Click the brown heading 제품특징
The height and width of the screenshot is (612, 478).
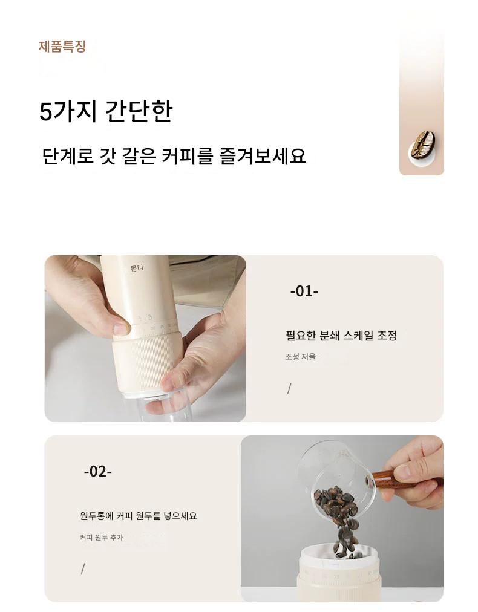[62, 47]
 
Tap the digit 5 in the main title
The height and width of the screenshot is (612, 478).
[45, 112]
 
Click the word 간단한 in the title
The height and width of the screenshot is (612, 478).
[139, 111]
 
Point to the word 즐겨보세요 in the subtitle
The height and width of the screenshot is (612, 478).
[263, 156]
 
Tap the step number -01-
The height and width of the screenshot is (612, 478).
[304, 291]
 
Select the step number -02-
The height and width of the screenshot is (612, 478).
[97, 472]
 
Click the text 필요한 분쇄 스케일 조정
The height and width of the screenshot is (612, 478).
[341, 335]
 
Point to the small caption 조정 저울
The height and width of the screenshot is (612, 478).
[300, 357]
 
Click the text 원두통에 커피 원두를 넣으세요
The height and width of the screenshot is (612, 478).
[138, 516]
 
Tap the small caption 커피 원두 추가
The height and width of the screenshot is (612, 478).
[101, 538]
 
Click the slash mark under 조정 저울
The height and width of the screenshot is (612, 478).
[289, 389]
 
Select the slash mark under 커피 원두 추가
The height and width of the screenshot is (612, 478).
[83, 569]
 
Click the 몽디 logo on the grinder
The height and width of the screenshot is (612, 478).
[137, 268]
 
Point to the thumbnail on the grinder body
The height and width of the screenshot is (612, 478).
[120, 328]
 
